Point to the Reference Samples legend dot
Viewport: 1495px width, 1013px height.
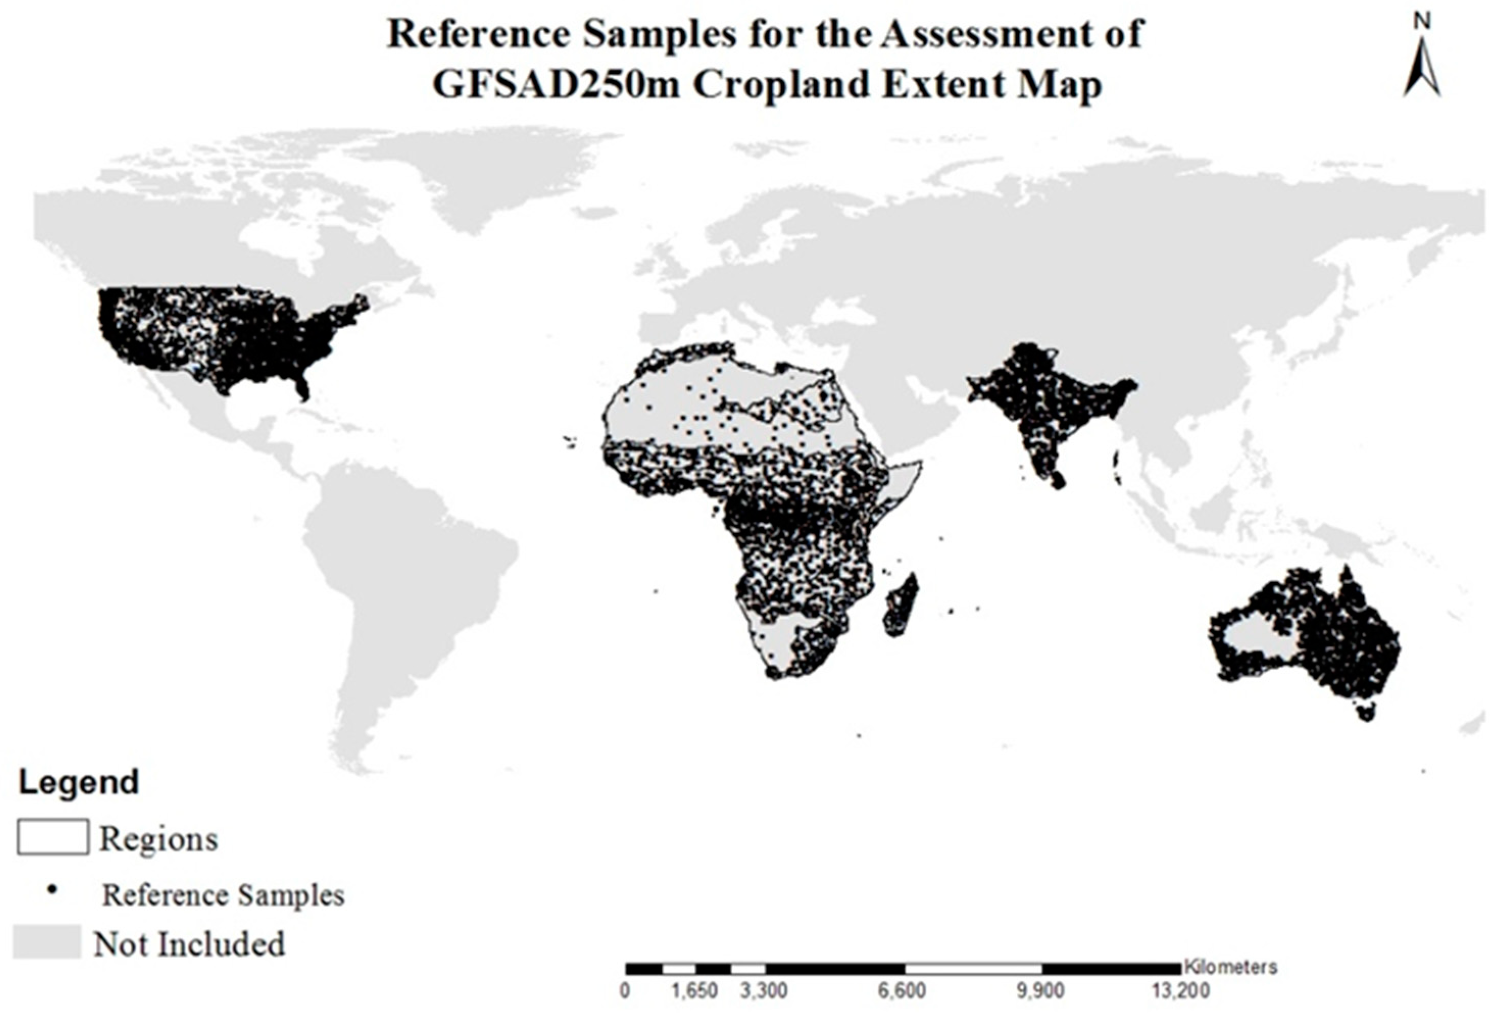point(53,890)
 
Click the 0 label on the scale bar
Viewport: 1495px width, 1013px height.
point(625,991)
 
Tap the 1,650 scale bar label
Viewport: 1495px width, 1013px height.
point(695,991)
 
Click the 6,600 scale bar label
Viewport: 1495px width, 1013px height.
point(902,991)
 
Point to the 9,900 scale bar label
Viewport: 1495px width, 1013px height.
point(1040,991)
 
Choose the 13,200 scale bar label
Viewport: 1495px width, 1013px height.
point(1180,991)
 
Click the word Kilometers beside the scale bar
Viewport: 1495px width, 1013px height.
point(1230,967)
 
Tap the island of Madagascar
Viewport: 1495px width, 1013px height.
point(900,604)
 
